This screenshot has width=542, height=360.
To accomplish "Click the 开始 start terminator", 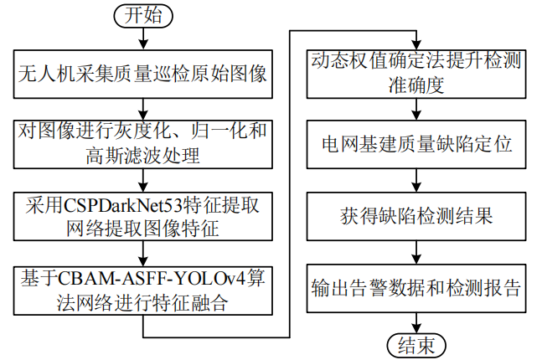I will click(143, 15).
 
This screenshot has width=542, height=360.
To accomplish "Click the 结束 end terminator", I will click(416, 344).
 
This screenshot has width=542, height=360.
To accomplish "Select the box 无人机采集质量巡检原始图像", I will click(143, 75).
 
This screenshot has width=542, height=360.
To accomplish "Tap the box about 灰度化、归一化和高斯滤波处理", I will click(143, 143).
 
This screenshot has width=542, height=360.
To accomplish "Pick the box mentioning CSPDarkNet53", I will click(143, 215).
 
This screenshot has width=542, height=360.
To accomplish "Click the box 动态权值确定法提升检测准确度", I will click(416, 72).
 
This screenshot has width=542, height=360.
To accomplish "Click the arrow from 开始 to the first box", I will click(143, 39).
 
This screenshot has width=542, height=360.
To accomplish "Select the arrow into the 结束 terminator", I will click(416, 322).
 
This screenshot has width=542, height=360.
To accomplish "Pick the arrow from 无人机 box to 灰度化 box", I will click(143, 107).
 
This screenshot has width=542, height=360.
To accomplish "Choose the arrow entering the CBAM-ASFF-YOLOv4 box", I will click(143, 252).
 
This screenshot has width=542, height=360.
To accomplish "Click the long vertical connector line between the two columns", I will click(290, 184).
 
